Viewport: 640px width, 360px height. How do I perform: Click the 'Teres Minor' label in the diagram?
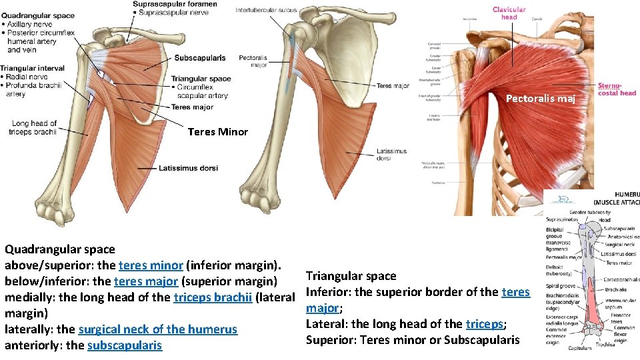click(217, 132)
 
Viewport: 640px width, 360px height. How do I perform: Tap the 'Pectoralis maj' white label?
click(540, 99)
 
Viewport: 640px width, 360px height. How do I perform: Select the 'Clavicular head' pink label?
click(509, 13)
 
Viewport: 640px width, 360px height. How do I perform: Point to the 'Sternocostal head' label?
click(617, 89)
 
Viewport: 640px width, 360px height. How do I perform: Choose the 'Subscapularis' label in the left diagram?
click(199, 58)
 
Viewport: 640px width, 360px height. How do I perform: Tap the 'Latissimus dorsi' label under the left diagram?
click(188, 168)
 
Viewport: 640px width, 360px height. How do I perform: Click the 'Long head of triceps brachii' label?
click(33, 127)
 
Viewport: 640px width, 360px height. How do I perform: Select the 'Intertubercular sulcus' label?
click(265, 10)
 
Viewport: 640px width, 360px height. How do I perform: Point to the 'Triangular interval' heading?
click(32, 68)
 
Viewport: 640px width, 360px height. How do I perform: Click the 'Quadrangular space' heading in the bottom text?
click(50, 249)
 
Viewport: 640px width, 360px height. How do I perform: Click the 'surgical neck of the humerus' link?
click(157, 329)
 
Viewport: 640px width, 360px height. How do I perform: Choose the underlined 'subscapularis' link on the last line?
click(124, 345)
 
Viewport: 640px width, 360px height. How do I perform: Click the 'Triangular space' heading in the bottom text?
click(351, 276)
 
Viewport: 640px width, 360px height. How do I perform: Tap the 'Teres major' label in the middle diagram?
click(393, 86)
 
